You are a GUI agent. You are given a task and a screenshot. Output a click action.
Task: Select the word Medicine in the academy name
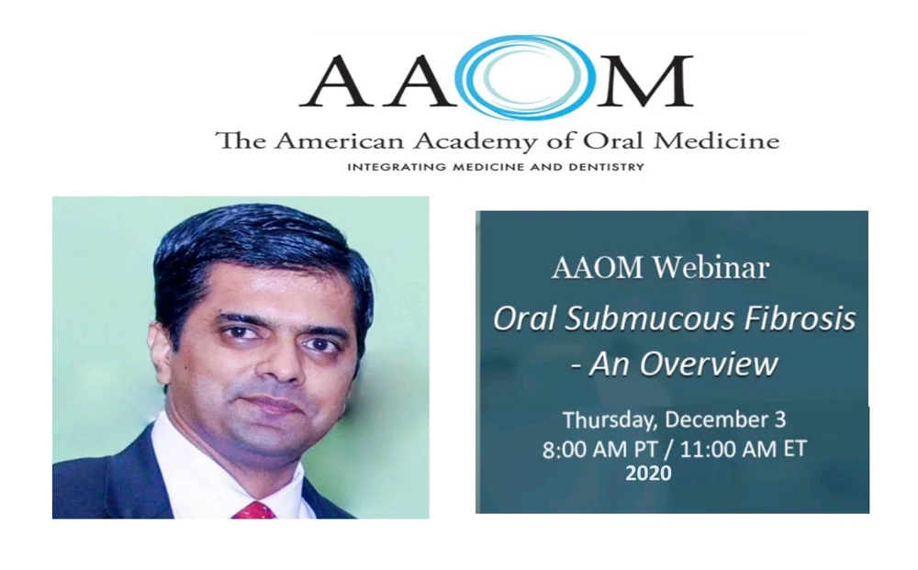725,141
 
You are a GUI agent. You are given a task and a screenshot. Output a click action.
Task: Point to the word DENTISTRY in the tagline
606,167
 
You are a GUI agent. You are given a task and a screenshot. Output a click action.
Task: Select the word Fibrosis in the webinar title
806,319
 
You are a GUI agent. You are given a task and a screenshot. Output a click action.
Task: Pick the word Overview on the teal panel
709,363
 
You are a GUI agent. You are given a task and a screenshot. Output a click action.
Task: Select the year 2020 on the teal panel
648,475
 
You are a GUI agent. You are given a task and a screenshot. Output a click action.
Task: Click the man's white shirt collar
197,468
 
